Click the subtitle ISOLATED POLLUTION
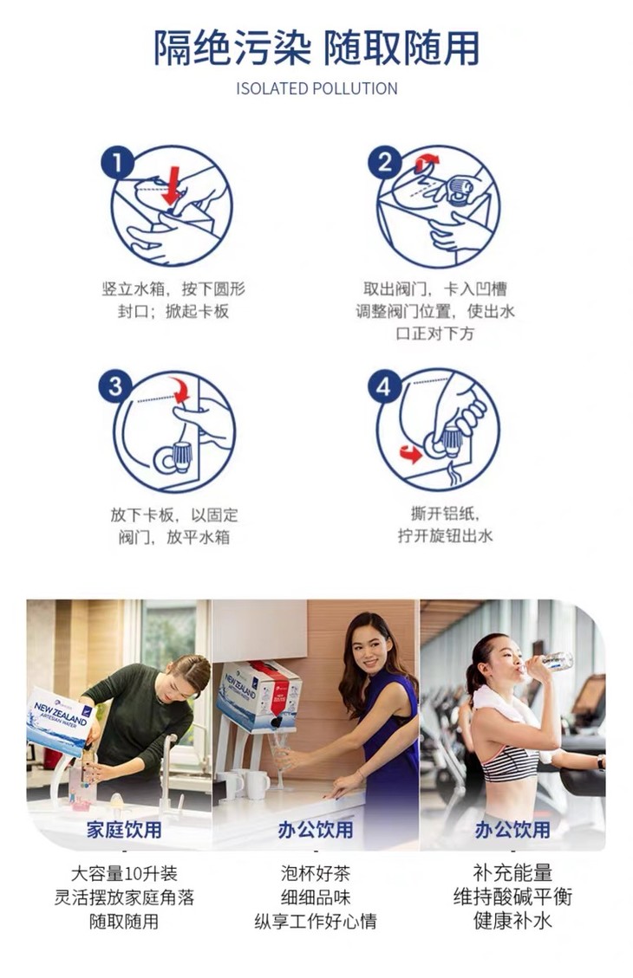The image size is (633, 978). [x=316, y=88]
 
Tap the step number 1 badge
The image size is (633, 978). [x=117, y=163]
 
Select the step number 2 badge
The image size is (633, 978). [x=384, y=163]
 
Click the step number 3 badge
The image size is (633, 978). [x=115, y=386]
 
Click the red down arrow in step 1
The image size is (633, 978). [x=171, y=185]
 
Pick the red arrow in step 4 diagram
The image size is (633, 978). [x=411, y=453]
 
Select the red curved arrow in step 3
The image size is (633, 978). [x=180, y=389]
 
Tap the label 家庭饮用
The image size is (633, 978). [x=124, y=830]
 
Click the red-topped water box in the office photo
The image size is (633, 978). [x=259, y=696]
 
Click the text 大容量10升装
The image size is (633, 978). [x=124, y=872]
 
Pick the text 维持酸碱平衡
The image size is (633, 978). [x=512, y=897]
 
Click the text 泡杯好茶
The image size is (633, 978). [x=316, y=872]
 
